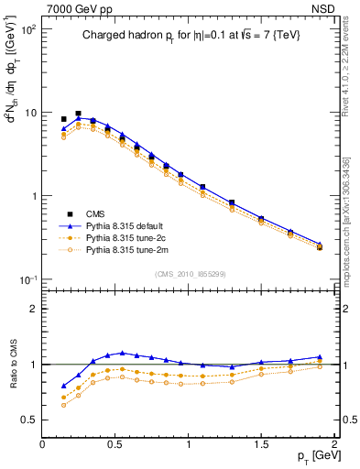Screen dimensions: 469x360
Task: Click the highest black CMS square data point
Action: tap(78, 114)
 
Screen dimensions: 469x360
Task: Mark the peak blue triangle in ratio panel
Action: tap(122, 353)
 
